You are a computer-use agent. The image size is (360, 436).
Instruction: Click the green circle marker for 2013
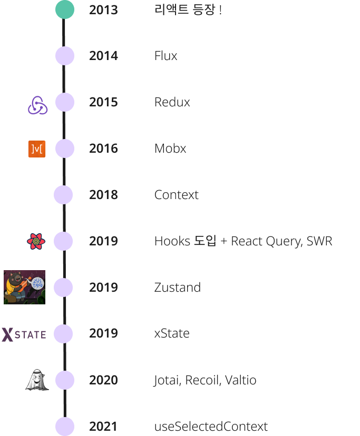click(65, 9)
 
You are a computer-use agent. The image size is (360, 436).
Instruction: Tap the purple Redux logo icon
click(37, 105)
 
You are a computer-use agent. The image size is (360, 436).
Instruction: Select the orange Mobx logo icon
click(37, 149)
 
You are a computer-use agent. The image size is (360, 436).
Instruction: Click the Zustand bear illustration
click(24, 287)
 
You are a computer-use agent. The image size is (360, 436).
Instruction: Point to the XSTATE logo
click(24, 334)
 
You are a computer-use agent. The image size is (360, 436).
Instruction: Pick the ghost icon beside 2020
click(37, 380)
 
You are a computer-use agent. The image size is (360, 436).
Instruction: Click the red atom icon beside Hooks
click(36, 242)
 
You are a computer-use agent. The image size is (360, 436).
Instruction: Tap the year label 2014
click(103, 56)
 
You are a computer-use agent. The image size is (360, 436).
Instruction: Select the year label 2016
click(103, 148)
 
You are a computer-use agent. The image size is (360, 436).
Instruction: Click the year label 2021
click(103, 427)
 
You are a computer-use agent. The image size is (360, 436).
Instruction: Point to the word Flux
click(166, 56)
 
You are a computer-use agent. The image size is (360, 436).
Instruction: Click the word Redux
click(172, 102)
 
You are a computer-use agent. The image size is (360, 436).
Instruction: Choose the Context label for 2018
click(176, 195)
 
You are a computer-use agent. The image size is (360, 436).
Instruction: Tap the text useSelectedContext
click(211, 427)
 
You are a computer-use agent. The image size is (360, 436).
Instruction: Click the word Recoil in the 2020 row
click(200, 380)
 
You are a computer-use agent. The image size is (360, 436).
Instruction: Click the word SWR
click(319, 241)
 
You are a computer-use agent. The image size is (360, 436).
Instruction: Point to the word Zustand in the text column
click(177, 288)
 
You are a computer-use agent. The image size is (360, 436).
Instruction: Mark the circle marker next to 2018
click(63, 195)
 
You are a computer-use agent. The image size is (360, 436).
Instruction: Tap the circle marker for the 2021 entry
click(65, 426)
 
